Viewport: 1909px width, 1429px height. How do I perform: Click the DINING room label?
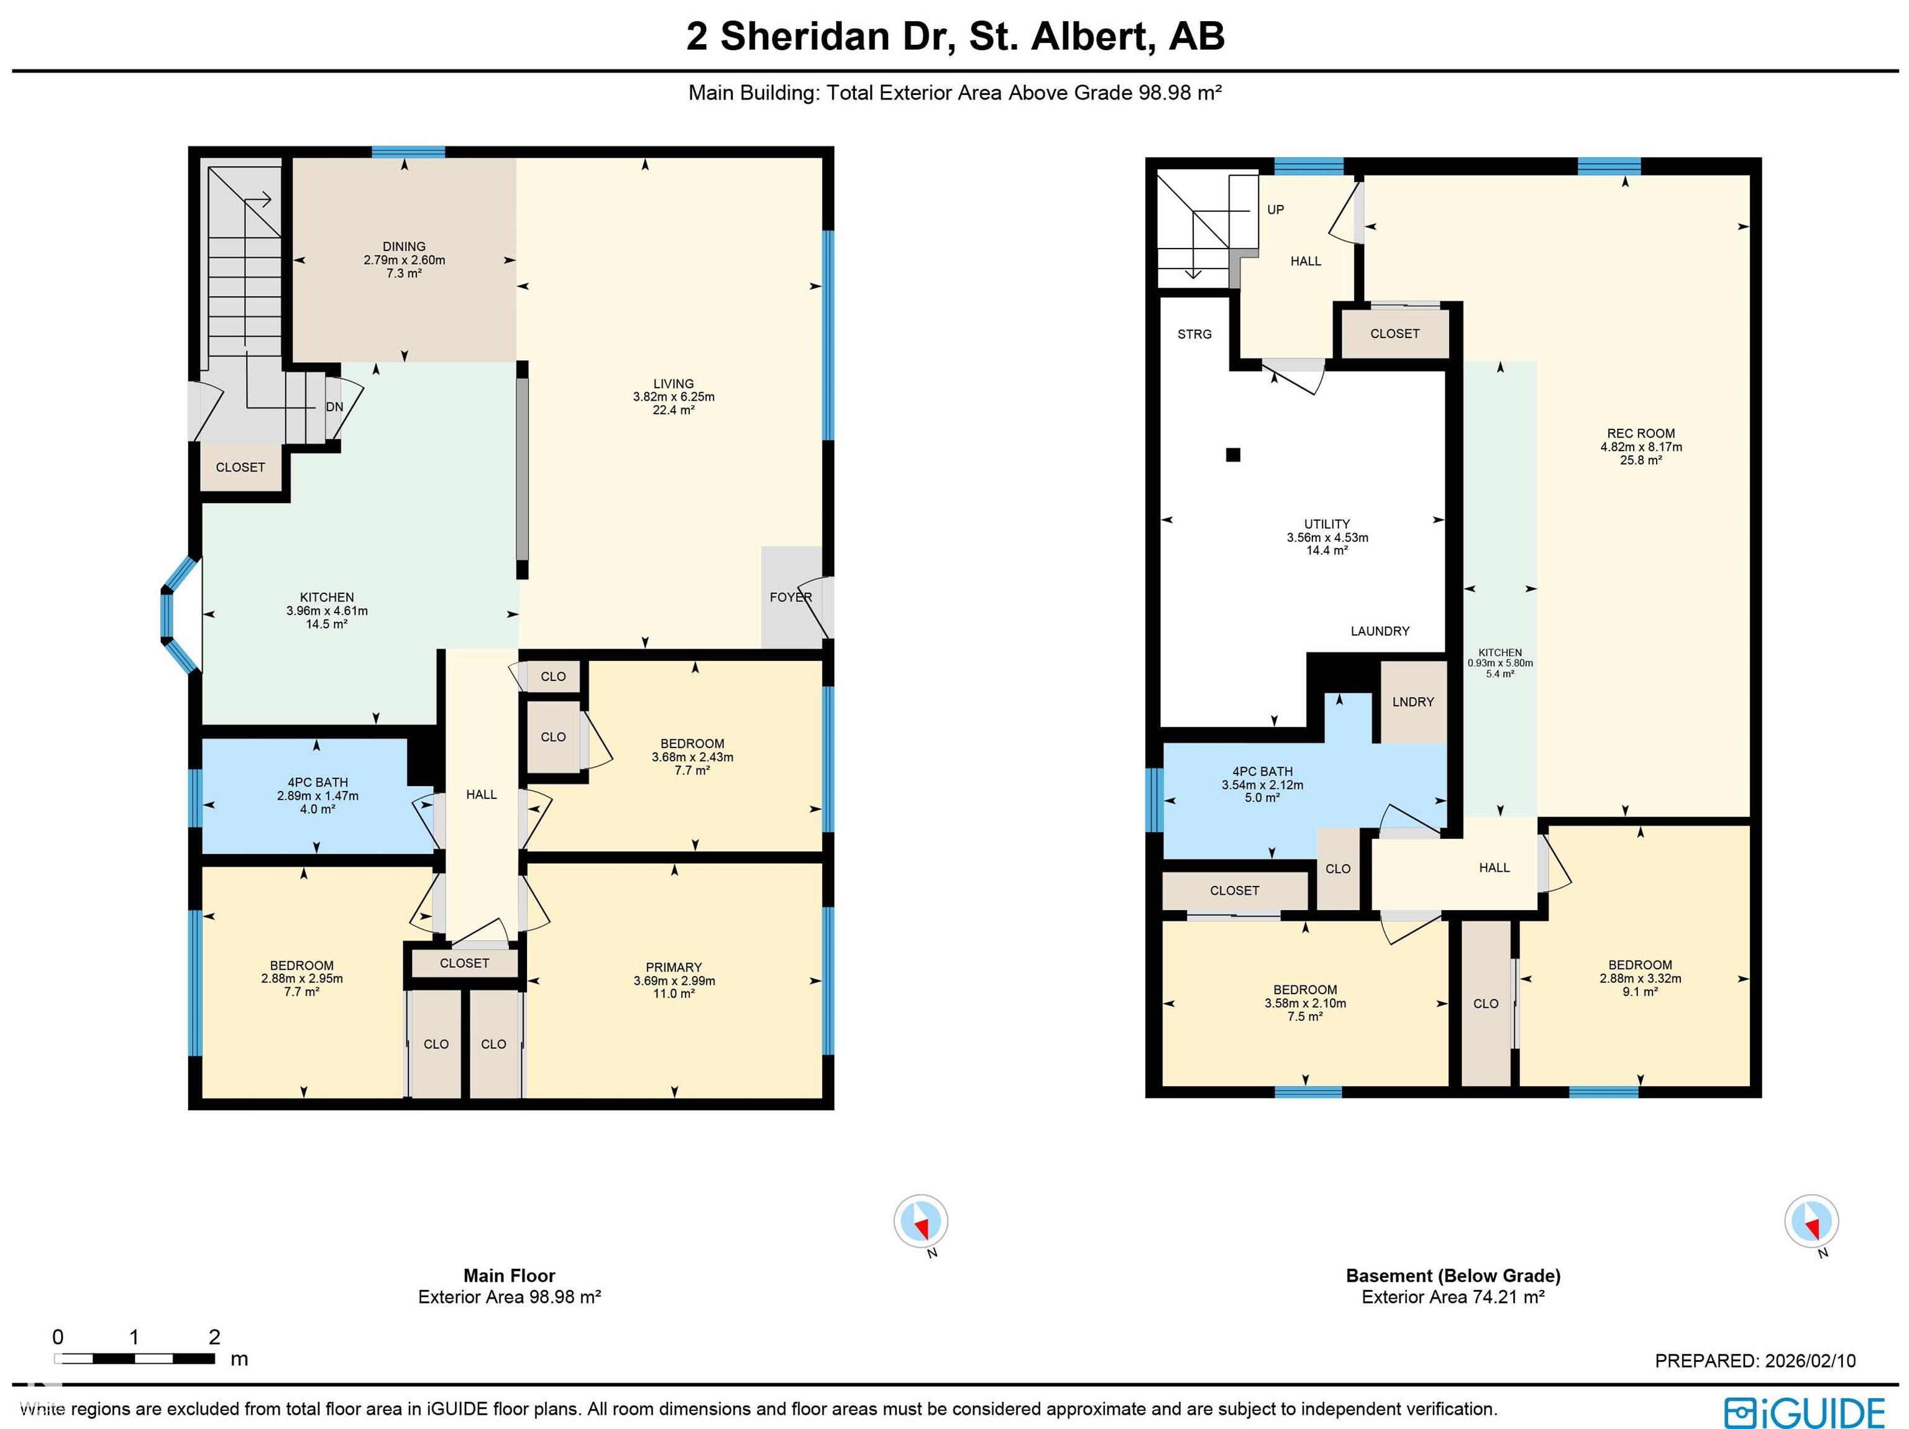click(404, 247)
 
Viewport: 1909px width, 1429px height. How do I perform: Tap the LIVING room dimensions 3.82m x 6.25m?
click(673, 397)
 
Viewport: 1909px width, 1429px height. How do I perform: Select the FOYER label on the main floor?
click(790, 597)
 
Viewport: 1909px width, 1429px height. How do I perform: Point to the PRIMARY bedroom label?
click(673, 967)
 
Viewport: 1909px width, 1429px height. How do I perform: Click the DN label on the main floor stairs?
click(334, 408)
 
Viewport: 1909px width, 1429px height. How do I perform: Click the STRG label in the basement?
click(1194, 334)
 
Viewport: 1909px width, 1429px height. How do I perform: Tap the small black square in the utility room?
click(1234, 455)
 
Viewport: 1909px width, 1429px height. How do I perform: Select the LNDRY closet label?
click(1412, 701)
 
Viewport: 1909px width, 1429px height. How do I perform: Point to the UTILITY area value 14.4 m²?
click(1327, 550)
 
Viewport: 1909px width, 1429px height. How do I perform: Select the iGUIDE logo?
click(1804, 1413)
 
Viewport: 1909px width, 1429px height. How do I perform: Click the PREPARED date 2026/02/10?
click(1810, 1361)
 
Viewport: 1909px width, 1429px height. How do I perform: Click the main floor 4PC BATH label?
click(318, 783)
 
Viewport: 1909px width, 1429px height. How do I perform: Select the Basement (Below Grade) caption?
click(1453, 1276)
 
